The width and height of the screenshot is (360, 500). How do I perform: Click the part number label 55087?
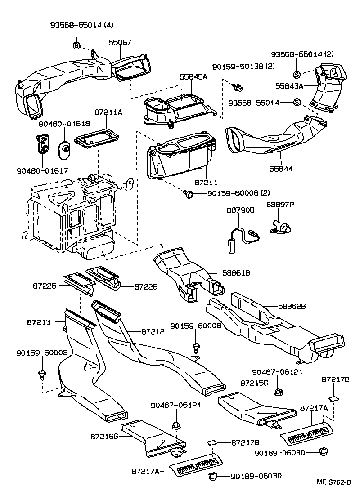tap(120, 42)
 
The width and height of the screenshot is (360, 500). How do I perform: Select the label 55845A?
tap(194, 77)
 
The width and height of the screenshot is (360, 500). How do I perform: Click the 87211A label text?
tap(108, 112)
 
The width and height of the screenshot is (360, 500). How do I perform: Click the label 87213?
tap(39, 322)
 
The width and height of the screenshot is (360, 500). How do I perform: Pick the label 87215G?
tap(254, 383)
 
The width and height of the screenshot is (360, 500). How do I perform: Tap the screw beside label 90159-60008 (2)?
tap(190, 194)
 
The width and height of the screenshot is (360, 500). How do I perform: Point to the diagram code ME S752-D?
tap(333, 482)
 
